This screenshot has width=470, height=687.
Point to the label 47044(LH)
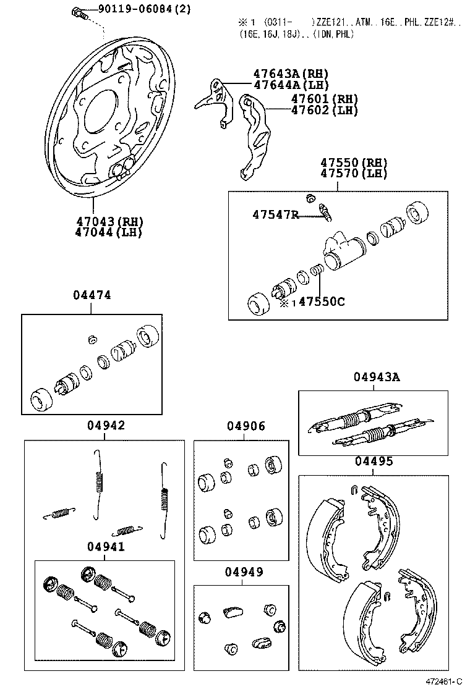point(108,232)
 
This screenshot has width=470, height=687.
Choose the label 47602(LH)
point(325,111)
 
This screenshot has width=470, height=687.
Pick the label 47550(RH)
point(353,163)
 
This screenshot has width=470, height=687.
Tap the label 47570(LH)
point(353,174)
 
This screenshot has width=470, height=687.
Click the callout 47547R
point(275,214)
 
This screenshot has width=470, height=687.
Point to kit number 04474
point(92,295)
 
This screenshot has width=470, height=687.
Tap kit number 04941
point(105,547)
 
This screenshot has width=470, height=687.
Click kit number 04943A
point(377,377)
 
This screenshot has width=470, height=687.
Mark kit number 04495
point(374,461)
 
